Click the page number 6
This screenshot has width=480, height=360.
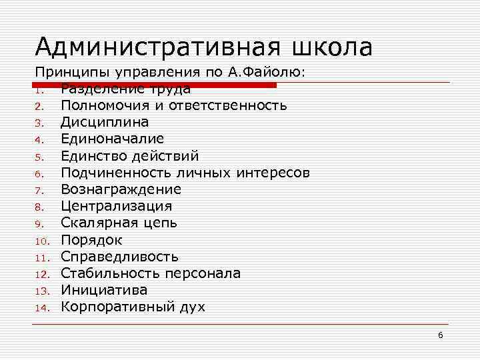[x=441, y=335]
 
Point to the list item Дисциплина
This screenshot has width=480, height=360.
[x=105, y=122]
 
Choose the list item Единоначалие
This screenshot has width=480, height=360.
[x=112, y=139]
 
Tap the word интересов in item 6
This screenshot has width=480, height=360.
[x=273, y=173]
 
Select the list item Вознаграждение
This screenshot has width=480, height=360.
[x=121, y=189]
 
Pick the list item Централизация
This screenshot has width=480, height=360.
[x=116, y=206]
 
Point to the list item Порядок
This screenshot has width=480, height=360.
[x=91, y=239]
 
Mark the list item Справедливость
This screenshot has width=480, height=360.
[x=119, y=257]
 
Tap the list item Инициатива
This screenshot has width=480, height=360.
[x=104, y=290]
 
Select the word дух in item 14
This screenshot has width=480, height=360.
[x=193, y=307]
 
